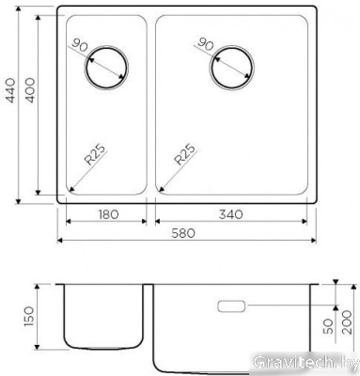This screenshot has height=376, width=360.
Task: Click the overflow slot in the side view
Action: (x=232, y=305)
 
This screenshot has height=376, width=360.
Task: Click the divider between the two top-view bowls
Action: (x=151, y=103)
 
